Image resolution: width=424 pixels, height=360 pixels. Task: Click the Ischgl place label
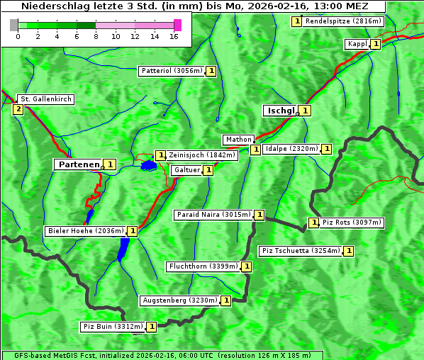(x=280, y=111)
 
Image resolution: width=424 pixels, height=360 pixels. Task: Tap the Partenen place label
(x=79, y=164)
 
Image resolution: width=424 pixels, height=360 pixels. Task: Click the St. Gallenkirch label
(x=45, y=99)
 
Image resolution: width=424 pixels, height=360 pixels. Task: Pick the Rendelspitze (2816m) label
(x=343, y=21)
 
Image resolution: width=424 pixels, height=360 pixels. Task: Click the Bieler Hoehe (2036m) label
(x=85, y=231)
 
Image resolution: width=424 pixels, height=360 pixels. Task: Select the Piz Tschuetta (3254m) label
(x=301, y=251)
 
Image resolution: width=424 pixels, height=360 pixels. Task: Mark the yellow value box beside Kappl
(x=376, y=44)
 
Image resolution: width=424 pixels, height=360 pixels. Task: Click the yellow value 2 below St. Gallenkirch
(x=18, y=109)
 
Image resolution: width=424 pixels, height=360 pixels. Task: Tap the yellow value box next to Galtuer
(x=208, y=170)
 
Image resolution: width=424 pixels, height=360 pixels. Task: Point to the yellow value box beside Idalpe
(x=326, y=149)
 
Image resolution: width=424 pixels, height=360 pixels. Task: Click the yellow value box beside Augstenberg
(x=226, y=300)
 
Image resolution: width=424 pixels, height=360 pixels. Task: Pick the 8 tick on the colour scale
(x=96, y=35)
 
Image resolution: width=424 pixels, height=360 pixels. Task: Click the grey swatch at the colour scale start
(x=14, y=25)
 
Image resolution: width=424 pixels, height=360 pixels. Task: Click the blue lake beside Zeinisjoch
(x=148, y=166)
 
